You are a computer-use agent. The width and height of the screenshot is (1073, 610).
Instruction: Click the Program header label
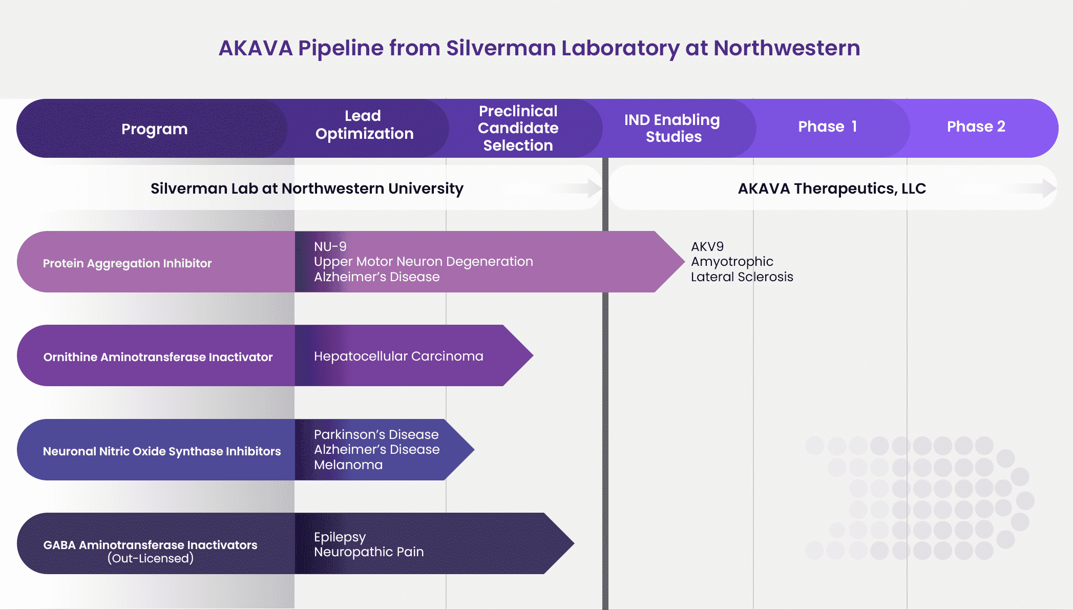pos(154,129)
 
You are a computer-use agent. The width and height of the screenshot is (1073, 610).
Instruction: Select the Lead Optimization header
pos(364,124)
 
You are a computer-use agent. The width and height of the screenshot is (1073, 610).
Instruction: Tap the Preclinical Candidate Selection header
pos(518,128)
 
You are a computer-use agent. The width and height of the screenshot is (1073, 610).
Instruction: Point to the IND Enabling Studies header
pos(672,128)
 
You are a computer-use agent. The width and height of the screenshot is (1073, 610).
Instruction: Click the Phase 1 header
pos(827,127)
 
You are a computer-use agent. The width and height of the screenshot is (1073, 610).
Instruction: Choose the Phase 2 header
pos(976,127)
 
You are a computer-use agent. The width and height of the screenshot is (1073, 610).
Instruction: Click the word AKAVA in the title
pos(255,48)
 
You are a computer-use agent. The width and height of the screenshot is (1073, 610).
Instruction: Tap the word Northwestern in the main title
pos(787,48)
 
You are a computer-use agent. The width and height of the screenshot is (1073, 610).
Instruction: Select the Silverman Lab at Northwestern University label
pos(307,188)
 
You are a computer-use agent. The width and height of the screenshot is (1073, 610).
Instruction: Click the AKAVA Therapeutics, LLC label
pos(832,188)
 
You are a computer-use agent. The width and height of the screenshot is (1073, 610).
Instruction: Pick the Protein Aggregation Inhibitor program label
pos(127,263)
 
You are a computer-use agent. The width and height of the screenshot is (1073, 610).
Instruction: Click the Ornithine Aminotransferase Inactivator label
pos(158,357)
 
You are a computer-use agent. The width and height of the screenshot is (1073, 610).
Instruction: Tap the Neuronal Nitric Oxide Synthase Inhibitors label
pos(162,451)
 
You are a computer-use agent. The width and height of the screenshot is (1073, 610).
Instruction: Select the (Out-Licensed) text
pos(151,558)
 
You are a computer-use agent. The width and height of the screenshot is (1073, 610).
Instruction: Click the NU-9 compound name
pos(330,246)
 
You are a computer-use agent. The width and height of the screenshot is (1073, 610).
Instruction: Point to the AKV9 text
pos(707,246)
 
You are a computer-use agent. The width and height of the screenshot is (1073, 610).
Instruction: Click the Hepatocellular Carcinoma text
pos(398,356)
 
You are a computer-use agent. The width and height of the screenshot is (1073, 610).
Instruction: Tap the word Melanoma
pos(348,465)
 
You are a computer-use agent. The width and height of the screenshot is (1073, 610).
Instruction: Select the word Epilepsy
pos(340,537)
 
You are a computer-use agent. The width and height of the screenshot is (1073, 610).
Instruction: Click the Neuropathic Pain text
pos(369,552)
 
